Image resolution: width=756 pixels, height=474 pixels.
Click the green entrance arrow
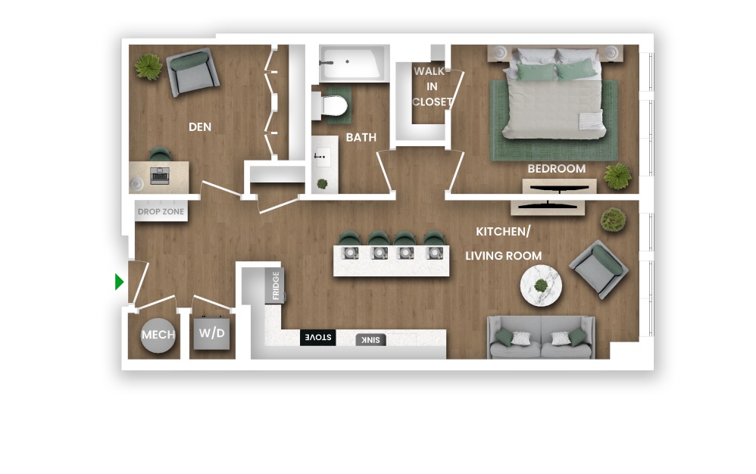119,282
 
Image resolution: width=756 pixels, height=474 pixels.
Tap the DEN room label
200,127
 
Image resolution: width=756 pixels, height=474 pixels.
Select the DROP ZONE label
161,211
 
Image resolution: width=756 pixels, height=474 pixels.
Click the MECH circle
158,335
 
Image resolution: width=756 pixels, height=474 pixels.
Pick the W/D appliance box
211,332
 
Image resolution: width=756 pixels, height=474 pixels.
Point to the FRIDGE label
276,285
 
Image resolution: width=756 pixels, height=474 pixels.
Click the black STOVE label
317,337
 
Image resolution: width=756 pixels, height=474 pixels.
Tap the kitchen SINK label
370,340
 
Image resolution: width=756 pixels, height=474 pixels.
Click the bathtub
354,64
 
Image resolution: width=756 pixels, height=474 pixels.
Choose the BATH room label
361,138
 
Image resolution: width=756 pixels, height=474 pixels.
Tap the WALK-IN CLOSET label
432,87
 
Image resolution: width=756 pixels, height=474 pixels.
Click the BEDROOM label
556,169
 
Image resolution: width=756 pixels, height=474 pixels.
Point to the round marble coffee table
541,285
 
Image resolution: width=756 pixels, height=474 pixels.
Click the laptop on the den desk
159,176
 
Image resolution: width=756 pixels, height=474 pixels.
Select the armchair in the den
193,72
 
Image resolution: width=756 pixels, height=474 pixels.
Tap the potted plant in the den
148,66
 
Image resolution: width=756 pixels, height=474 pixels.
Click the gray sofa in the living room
541,337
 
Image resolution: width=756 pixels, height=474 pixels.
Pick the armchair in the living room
599,270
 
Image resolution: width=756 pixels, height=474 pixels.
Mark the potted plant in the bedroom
617,176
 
